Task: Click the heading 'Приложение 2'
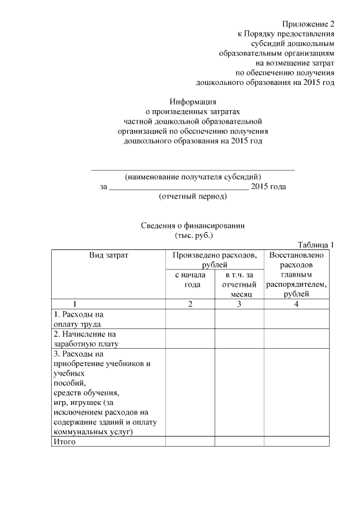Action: click(308, 24)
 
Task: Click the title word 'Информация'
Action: click(193, 102)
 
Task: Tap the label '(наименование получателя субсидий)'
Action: click(193, 176)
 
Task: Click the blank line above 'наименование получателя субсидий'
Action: click(193, 169)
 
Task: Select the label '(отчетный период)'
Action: click(193, 196)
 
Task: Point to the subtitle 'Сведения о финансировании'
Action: click(193, 226)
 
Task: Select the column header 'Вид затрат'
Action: click(109, 255)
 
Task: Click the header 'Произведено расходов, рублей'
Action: click(214, 259)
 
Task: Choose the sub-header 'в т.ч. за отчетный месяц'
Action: click(239, 284)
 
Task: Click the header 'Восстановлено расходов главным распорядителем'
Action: click(296, 274)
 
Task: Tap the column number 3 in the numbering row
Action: click(239, 304)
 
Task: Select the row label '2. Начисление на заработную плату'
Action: click(86, 339)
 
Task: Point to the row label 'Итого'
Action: click(64, 442)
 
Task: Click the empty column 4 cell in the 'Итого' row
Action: click(296, 442)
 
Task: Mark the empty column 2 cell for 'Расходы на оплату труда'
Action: click(190, 319)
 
